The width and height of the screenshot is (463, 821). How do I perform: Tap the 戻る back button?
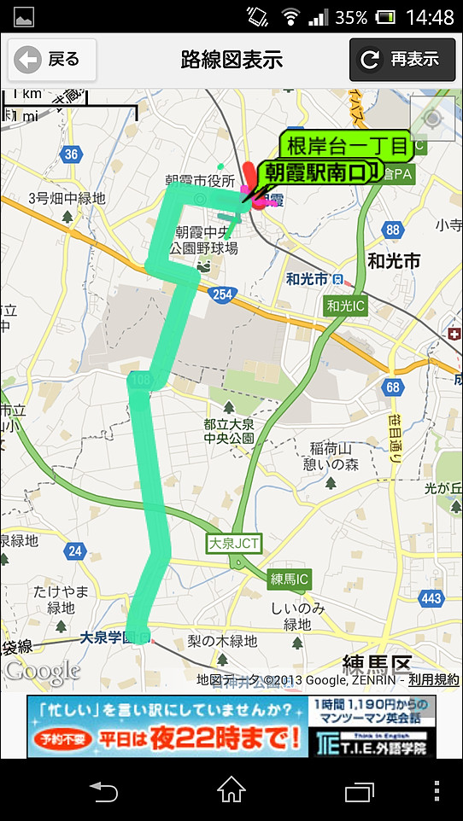pyautogui.click(x=51, y=59)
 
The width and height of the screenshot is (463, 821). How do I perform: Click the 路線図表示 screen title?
pyautogui.click(x=231, y=60)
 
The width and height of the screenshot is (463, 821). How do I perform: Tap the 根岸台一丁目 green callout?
pyautogui.click(x=347, y=145)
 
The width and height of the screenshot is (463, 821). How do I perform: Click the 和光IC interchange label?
pyautogui.click(x=346, y=306)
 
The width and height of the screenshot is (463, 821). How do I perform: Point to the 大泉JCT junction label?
pyautogui.click(x=232, y=544)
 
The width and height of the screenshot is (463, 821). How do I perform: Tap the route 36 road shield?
pyautogui.click(x=72, y=154)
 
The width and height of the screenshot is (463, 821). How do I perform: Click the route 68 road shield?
pyautogui.click(x=393, y=387)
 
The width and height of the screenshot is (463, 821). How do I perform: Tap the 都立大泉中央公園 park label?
pyautogui.click(x=228, y=431)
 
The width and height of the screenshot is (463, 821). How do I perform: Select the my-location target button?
pyautogui.click(x=432, y=119)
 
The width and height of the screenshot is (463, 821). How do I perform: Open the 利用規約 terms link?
pyautogui.click(x=433, y=680)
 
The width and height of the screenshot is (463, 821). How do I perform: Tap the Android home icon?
pyautogui.click(x=231, y=790)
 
